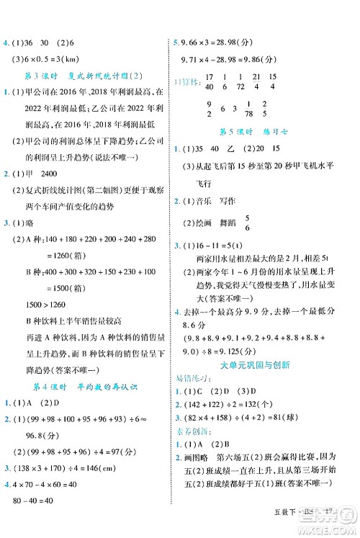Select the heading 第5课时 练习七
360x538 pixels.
(264, 133)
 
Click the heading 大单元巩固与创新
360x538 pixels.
(264, 364)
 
